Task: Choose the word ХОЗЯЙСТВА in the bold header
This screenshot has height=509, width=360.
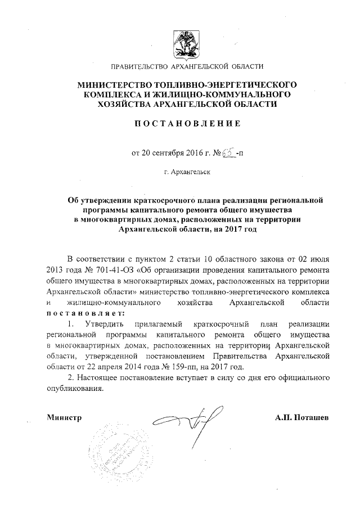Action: coord(127,104)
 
